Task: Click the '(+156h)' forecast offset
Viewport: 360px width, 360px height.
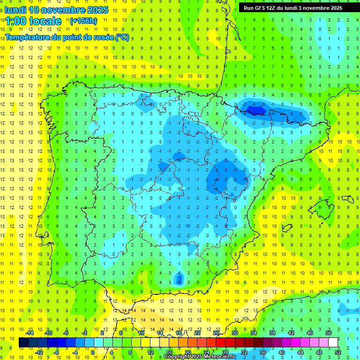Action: pyautogui.click(x=83, y=21)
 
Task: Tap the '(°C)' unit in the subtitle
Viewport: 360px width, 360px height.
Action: pyautogui.click(x=122, y=37)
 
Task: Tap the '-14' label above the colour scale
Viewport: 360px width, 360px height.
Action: pyautogui.click(x=30, y=333)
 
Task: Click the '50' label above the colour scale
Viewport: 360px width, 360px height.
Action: pyautogui.click(x=328, y=333)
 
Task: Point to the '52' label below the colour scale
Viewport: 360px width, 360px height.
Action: pyautogui.click(x=337, y=352)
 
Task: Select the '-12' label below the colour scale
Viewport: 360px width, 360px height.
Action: pyautogui.click(x=39, y=352)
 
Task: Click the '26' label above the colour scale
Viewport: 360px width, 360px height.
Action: pyautogui.click(x=216, y=333)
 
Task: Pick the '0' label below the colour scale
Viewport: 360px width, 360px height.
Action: pyautogui.click(x=93, y=352)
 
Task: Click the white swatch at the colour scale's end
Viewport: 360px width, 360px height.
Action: pyautogui.click(x=333, y=343)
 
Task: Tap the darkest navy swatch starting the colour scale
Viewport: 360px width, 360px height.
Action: pyautogui.click(x=23, y=343)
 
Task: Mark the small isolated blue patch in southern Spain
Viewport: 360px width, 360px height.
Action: pyautogui.click(x=178, y=279)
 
